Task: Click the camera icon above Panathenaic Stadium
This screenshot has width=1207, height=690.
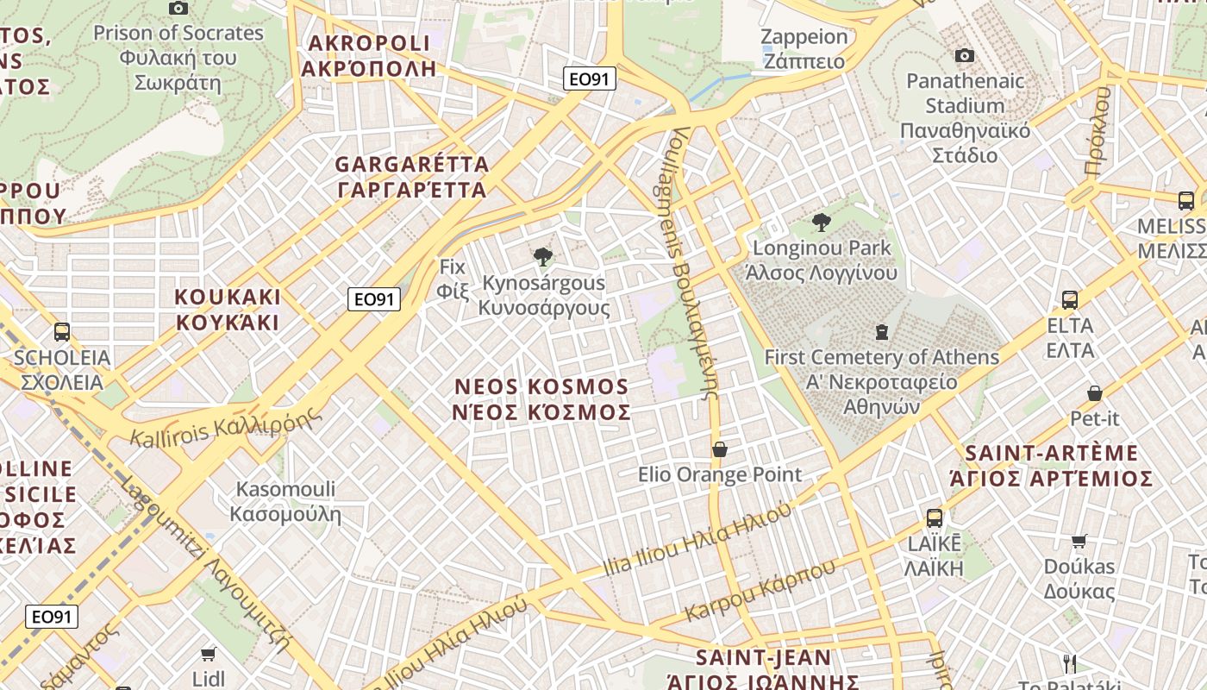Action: tap(965, 56)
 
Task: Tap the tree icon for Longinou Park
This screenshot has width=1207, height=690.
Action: tap(822, 223)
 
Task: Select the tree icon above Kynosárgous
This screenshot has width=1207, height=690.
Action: tap(542, 256)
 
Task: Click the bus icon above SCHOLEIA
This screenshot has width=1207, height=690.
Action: tap(62, 332)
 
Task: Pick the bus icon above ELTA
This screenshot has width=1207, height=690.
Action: tap(1070, 300)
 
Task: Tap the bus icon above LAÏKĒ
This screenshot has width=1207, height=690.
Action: tap(935, 518)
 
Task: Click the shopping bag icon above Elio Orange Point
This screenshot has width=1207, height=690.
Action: tap(720, 449)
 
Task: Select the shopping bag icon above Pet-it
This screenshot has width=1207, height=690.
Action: tap(1094, 393)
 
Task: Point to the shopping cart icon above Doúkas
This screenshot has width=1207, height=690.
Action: tap(1079, 541)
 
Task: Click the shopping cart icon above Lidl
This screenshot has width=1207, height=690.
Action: tap(208, 654)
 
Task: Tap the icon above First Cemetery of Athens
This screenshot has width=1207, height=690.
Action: tap(881, 331)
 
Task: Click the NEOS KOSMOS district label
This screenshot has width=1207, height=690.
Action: tap(541, 398)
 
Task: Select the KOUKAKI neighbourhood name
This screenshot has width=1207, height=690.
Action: tap(228, 310)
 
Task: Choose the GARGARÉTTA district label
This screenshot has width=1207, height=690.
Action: tap(412, 176)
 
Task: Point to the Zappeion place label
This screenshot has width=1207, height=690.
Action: tap(804, 48)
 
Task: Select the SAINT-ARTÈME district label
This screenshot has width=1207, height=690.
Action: tap(1051, 466)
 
